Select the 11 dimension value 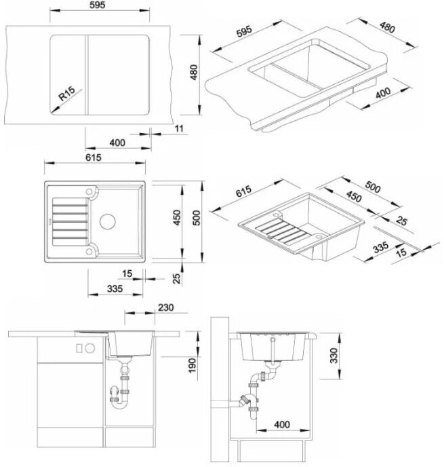pos(178,128)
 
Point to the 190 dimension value pos(193,365)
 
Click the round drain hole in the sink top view pos(108,221)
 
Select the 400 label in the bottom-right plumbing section pos(282,425)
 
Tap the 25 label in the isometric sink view pos(403,221)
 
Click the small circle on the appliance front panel pos(89,348)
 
